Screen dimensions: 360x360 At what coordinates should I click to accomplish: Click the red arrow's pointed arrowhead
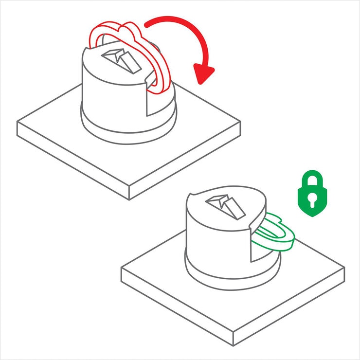point(204,73)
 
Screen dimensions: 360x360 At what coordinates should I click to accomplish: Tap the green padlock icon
point(312,194)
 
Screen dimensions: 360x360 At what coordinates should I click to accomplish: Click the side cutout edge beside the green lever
point(250,243)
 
